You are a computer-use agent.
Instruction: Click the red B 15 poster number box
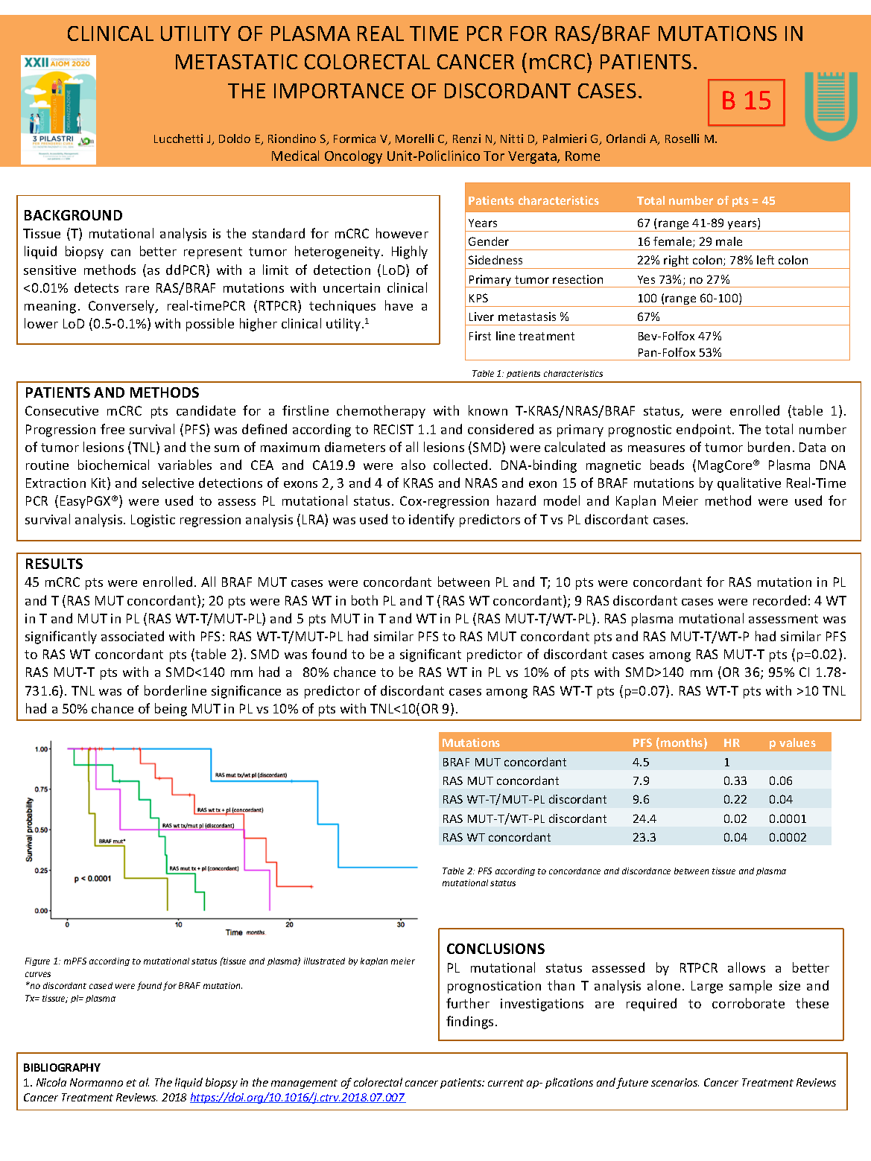click(746, 102)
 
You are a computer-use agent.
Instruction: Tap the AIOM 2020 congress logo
click(58, 109)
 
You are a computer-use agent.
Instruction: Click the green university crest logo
click(830, 106)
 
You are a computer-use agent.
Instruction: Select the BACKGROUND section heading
click(73, 216)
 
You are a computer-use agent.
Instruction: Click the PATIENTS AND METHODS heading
click(112, 393)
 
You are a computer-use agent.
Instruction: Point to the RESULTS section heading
click(54, 564)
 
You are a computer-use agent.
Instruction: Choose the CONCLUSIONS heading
click(495, 950)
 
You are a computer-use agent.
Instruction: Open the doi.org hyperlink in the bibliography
click(297, 1098)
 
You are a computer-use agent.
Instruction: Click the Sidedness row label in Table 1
click(495, 261)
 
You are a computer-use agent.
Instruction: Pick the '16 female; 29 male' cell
click(689, 242)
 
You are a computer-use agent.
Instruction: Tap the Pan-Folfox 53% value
click(679, 353)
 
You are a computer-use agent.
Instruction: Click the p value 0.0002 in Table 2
click(788, 838)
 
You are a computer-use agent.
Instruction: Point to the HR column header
click(732, 743)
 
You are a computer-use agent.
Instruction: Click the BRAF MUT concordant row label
click(504, 763)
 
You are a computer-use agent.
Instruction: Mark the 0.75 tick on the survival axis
click(42, 789)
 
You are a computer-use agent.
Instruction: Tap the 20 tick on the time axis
click(290, 925)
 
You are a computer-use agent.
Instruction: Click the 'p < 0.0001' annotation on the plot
click(92, 879)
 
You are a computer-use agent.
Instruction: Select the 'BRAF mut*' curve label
click(112, 842)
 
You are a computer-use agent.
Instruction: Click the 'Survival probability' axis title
click(30, 830)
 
